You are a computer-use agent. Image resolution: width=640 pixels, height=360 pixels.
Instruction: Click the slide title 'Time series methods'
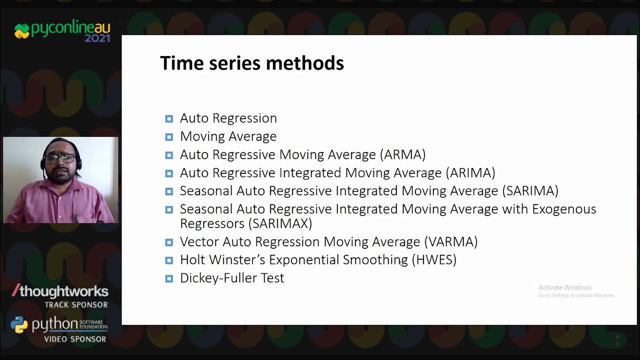click(x=251, y=63)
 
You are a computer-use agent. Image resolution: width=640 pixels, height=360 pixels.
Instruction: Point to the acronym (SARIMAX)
click(x=282, y=223)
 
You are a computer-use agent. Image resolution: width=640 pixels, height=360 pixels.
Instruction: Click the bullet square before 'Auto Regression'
click(x=169, y=118)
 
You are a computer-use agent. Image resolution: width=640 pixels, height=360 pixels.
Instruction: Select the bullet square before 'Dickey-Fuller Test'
click(x=169, y=278)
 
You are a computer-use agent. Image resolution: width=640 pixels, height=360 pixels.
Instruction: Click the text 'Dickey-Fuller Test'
click(x=232, y=278)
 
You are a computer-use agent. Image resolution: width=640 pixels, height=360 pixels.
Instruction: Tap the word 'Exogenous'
click(x=564, y=209)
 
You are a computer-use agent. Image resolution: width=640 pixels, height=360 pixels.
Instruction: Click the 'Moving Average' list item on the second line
click(x=228, y=136)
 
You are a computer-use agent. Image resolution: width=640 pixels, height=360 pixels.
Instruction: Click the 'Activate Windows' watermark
click(x=565, y=287)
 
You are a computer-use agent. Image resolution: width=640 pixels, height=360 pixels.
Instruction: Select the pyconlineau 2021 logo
click(x=62, y=31)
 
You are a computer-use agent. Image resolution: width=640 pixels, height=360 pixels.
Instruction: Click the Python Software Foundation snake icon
click(x=19, y=325)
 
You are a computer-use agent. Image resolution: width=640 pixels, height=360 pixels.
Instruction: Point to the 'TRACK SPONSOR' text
click(x=75, y=304)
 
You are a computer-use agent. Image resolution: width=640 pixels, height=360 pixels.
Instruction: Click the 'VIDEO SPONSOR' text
click(x=75, y=339)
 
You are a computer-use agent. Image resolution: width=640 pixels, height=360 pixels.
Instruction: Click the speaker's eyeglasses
click(x=59, y=158)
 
